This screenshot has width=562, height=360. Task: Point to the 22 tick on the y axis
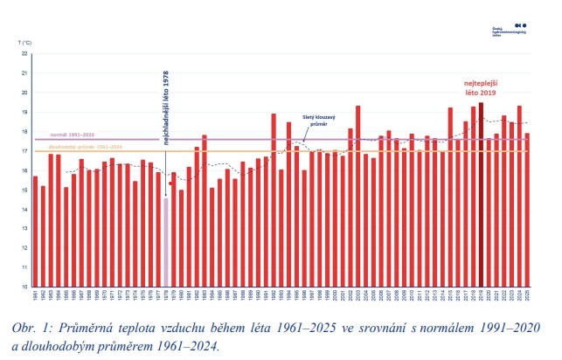25,53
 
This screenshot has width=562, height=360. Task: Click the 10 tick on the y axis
25,287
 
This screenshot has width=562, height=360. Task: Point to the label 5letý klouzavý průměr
317,120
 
